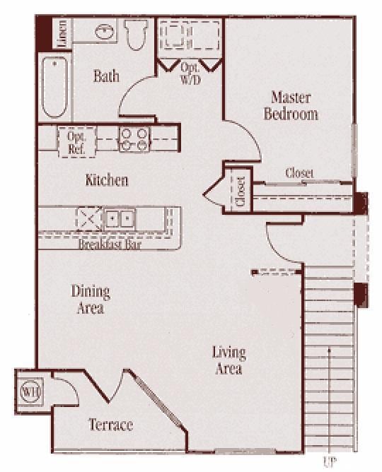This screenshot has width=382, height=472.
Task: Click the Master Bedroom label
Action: [x=291, y=105]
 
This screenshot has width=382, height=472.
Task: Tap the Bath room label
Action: [x=106, y=76]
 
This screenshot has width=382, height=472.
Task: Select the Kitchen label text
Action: [x=107, y=180]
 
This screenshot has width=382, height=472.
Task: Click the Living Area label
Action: [x=228, y=360]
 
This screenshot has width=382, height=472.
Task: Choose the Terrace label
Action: [x=110, y=425]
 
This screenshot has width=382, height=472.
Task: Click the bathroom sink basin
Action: [x=103, y=33]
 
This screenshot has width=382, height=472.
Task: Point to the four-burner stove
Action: [x=134, y=138]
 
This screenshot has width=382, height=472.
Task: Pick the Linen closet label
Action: [x=62, y=34]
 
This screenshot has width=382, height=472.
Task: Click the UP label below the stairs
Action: [x=329, y=463]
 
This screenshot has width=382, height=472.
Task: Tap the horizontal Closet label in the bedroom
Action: [x=299, y=173]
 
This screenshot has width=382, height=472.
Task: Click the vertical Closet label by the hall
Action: [x=241, y=191]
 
